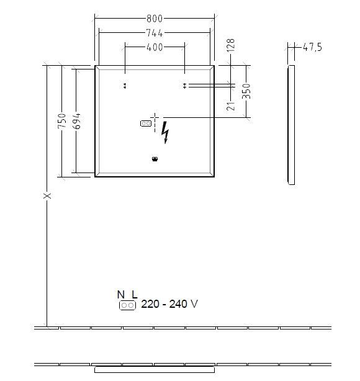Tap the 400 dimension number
(x=155, y=47)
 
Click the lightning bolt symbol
(x=165, y=132)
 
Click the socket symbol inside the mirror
(x=146, y=123)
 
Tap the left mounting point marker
(x=125, y=86)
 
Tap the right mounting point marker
(x=185, y=86)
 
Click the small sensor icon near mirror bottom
(x=155, y=159)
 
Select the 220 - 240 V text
(x=169, y=304)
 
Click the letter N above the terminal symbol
(x=120, y=294)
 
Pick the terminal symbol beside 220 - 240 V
(x=127, y=305)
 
